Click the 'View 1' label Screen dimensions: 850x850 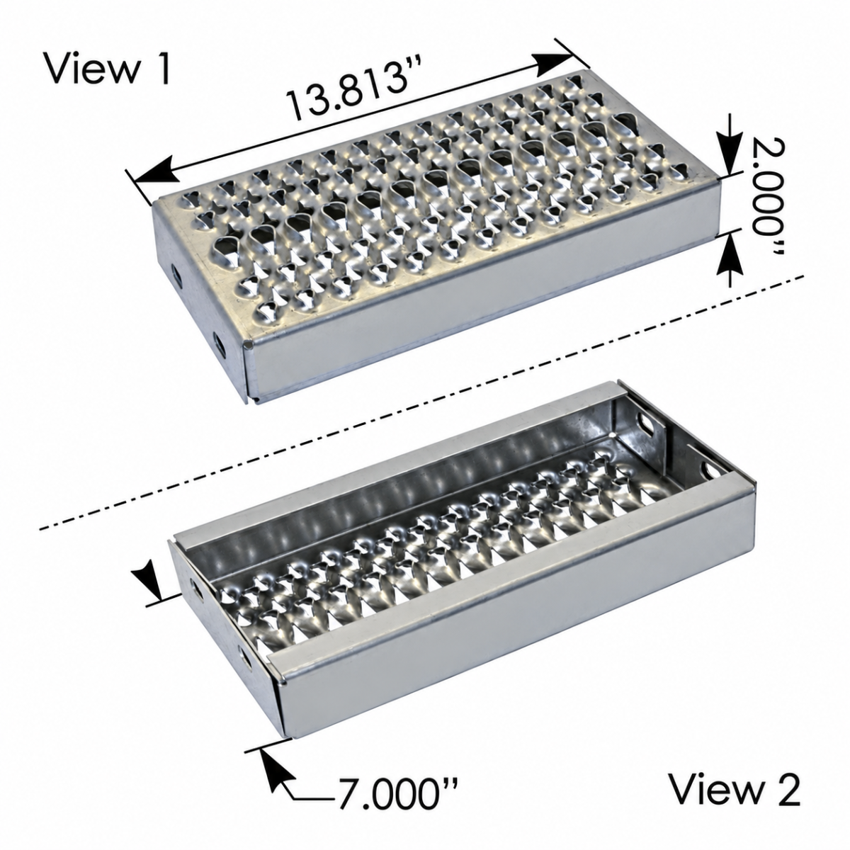click(108, 69)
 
